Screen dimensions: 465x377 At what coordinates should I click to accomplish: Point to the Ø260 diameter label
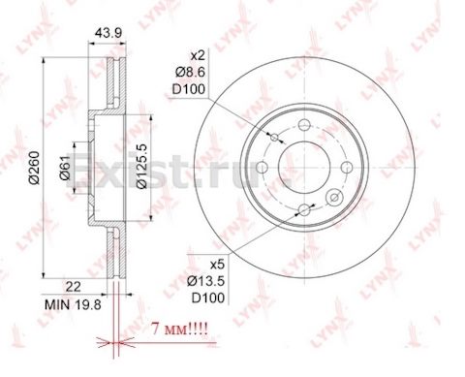(x=34, y=168)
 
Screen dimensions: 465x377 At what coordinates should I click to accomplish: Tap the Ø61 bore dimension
(x=65, y=168)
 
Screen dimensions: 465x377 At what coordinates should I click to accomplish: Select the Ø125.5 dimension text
(x=141, y=167)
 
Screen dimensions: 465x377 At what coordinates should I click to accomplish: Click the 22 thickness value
(x=73, y=287)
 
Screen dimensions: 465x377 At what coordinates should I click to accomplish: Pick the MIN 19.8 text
(x=73, y=304)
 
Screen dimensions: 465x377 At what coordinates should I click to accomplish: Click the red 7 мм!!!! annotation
(x=179, y=330)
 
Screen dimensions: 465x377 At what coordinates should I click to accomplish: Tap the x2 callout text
(x=198, y=56)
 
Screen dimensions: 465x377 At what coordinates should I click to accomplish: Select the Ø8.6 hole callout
(x=190, y=73)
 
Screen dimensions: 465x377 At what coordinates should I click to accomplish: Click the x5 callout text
(x=217, y=266)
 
